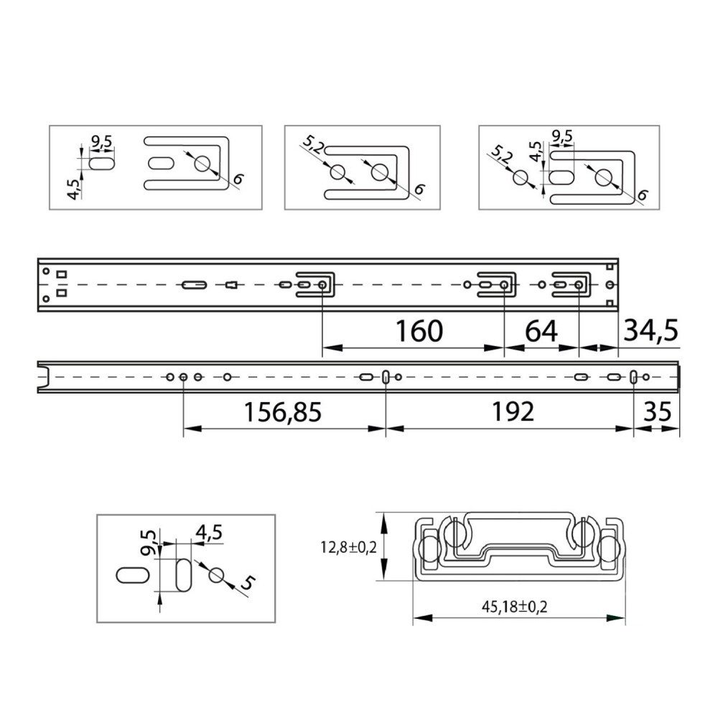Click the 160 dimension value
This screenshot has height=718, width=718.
(x=419, y=331)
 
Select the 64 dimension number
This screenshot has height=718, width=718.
(x=541, y=331)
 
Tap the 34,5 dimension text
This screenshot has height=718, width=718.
(x=651, y=330)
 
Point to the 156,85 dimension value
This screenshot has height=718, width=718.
(x=282, y=411)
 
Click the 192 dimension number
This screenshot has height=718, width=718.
(x=513, y=411)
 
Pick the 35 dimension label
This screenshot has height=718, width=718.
(x=658, y=411)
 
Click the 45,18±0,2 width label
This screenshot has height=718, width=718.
(x=514, y=607)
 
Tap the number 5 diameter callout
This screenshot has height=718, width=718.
(x=247, y=583)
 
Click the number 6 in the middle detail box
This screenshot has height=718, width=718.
(x=419, y=189)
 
